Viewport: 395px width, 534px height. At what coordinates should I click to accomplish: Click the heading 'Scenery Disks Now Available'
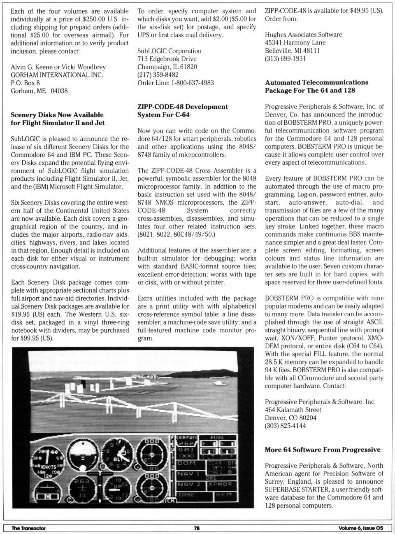pyautogui.click(x=57, y=115)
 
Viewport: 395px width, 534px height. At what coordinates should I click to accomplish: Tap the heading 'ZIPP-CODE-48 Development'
pyautogui.click(x=182, y=107)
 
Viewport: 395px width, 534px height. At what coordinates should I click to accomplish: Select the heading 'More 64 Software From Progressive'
pyautogui.click(x=322, y=450)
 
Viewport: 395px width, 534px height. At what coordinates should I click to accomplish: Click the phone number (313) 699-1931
pyautogui.click(x=285, y=58)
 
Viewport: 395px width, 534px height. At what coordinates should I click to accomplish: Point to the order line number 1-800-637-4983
pyautogui.click(x=193, y=83)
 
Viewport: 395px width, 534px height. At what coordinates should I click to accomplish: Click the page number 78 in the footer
pyautogui.click(x=197, y=528)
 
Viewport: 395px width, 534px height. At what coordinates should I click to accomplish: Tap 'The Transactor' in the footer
pyautogui.click(x=28, y=528)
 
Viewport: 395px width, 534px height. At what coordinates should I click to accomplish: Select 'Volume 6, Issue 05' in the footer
pyautogui.click(x=360, y=528)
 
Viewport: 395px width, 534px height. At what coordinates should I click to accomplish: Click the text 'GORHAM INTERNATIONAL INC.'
pyautogui.click(x=57, y=75)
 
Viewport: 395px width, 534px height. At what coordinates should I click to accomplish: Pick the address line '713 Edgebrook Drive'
pyautogui.click(x=167, y=59)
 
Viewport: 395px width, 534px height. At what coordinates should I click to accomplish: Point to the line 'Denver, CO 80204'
pyautogui.click(x=290, y=417)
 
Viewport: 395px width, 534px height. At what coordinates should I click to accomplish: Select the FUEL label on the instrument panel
pyautogui.click(x=217, y=438)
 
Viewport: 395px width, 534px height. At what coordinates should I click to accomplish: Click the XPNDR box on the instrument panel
pyautogui.click(x=221, y=484)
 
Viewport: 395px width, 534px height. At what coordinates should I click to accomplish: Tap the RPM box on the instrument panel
pyautogui.click(x=223, y=494)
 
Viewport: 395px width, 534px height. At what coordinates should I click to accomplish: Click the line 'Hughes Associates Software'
pyautogui.click(x=303, y=35)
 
